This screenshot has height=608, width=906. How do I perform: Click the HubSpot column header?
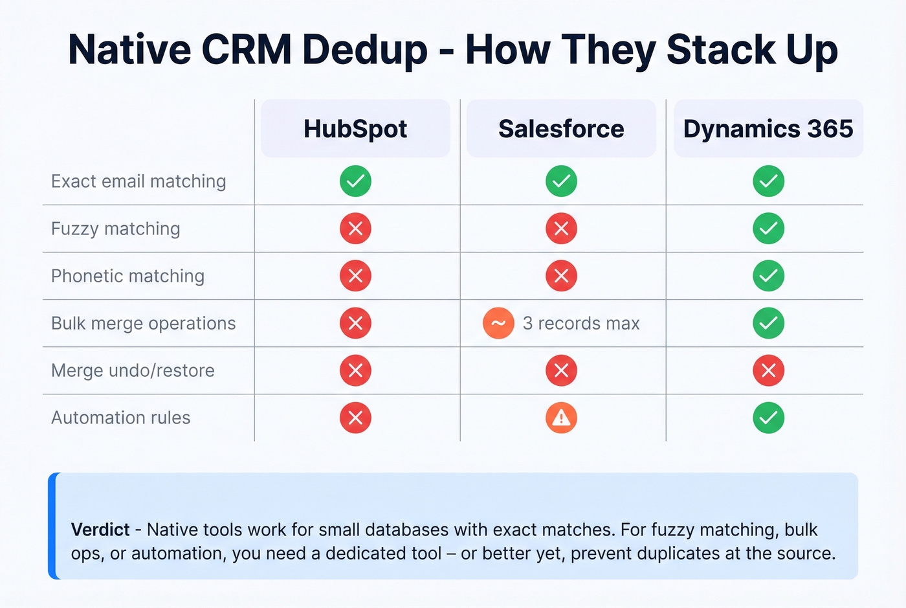point(355,129)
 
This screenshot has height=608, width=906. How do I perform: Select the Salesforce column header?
point(561,129)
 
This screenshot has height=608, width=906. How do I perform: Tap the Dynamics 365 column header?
point(768,129)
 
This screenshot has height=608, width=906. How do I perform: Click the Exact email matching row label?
point(138,181)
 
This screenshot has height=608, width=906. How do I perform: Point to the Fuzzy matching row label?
point(116,229)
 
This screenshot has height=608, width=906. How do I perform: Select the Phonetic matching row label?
point(127,276)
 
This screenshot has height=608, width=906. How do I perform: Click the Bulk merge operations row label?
point(143,323)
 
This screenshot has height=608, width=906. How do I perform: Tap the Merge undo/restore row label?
point(133,370)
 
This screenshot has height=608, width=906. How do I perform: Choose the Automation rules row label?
point(120,418)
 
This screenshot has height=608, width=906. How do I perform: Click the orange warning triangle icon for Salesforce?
point(561,418)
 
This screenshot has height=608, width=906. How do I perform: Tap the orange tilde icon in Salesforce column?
point(498,323)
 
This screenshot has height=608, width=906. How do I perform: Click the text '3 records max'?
point(581,323)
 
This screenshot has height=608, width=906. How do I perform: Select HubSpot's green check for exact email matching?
point(355,181)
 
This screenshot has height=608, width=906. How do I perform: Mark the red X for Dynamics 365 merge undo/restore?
point(768,370)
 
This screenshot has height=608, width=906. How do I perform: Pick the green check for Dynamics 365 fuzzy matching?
point(768,229)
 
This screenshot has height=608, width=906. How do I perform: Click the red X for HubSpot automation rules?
point(355,418)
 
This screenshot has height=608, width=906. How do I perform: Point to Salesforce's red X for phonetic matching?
point(561,276)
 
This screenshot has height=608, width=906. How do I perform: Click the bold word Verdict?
point(100,530)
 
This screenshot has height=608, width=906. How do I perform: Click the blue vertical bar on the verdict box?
point(52,526)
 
